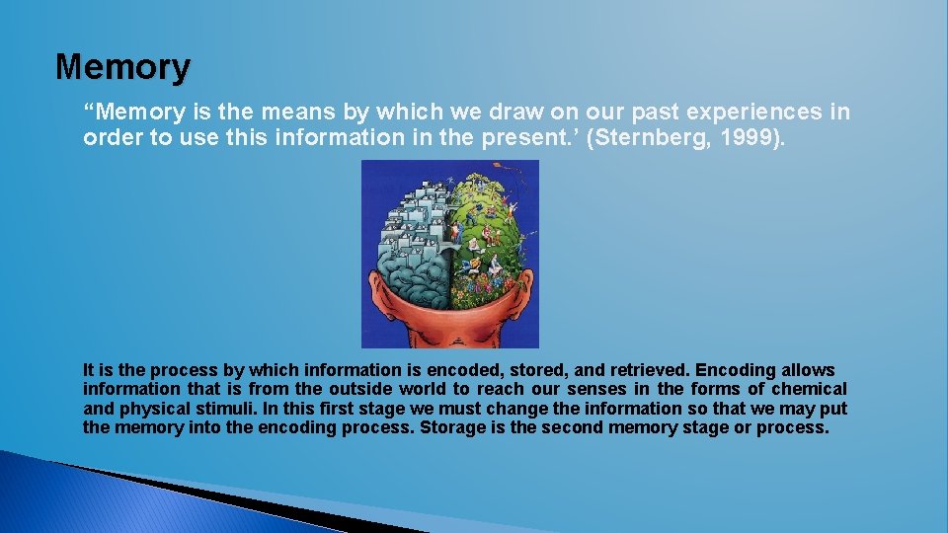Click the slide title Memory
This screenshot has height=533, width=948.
coord(122,67)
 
